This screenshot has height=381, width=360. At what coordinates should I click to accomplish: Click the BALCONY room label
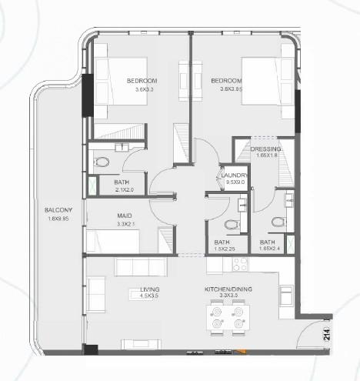58,210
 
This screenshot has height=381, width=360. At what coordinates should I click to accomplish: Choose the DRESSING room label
266,148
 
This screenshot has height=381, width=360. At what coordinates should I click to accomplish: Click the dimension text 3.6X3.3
142,89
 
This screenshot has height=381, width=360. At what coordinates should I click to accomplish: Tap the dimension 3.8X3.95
226,89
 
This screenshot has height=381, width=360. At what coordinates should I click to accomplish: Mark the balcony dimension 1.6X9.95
58,219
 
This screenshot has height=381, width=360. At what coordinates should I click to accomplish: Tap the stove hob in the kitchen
240,263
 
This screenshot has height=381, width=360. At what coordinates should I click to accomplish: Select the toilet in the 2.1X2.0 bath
102,162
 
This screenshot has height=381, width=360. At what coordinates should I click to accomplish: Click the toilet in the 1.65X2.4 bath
277,223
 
